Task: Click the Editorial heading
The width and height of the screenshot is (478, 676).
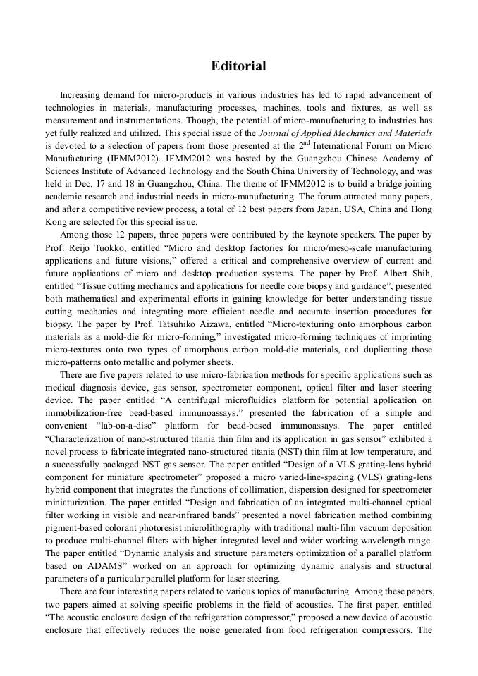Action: pyautogui.click(x=238, y=66)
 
